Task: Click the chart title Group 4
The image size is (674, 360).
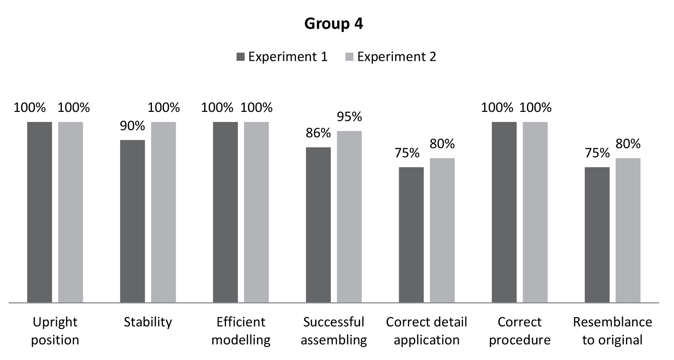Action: pos(333,24)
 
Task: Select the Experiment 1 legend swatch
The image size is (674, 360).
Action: pos(240,57)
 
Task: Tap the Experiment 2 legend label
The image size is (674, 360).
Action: pos(396,57)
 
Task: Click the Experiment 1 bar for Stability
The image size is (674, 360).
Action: pos(132,221)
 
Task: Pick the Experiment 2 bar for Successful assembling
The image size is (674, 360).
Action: pos(349,217)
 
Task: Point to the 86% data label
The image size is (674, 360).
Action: pos(318,133)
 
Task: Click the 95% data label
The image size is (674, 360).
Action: pos(349,117)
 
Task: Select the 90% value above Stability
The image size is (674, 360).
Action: pos(132,126)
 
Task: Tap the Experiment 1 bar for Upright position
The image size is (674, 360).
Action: pos(40,212)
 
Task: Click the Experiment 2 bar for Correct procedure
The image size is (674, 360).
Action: pos(535,212)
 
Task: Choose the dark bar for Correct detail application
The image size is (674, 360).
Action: pos(411,235)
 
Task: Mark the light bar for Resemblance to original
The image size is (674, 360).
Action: pos(628,230)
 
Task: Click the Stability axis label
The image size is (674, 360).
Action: pos(148,322)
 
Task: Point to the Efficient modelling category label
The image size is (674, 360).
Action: pos(241,331)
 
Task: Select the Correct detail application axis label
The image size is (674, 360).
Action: pos(426,331)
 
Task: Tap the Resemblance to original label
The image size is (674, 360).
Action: pos(612,331)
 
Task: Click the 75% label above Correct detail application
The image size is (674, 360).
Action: pos(407,153)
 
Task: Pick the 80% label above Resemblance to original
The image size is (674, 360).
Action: pos(628,144)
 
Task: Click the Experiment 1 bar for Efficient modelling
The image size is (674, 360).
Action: pos(225,212)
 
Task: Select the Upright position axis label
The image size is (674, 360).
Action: pos(55,331)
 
